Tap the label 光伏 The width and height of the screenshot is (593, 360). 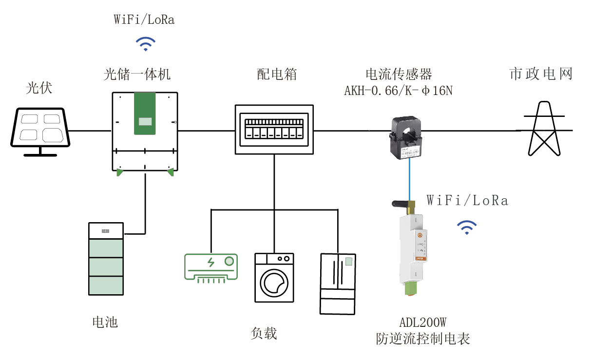[x=39, y=88]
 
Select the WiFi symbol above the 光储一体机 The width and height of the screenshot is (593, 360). [x=145, y=44]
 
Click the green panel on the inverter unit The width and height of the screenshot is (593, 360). [x=145, y=114]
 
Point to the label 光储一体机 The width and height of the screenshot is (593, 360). [x=137, y=74]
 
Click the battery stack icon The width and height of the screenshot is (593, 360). [x=106, y=259]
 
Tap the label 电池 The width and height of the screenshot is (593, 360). [x=105, y=322]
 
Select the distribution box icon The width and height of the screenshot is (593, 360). [x=274, y=130]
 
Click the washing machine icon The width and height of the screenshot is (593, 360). [x=274, y=277]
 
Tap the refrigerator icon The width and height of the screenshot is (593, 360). [x=338, y=284]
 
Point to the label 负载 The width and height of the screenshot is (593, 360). [x=264, y=333]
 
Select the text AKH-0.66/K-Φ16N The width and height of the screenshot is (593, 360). [x=399, y=91]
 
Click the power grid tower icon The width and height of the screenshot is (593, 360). [x=544, y=129]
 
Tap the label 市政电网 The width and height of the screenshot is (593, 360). [x=541, y=74]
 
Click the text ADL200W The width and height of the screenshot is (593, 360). [x=423, y=322]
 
